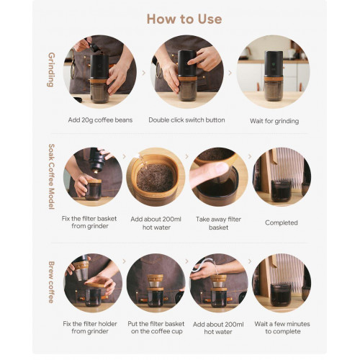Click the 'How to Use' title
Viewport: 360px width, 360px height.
184,19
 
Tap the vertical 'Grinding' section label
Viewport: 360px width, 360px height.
51,70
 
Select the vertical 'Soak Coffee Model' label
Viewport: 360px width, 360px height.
52,176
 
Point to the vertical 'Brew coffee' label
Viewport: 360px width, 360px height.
51,282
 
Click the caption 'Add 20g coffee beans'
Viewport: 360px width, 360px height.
100,120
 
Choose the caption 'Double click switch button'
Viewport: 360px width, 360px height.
186,120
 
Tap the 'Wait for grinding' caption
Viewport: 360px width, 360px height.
274,121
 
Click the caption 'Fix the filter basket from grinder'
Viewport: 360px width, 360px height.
89,222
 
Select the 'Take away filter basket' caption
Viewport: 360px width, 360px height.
218,223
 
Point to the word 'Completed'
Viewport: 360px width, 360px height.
282,222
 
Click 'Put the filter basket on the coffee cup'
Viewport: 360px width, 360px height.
156,328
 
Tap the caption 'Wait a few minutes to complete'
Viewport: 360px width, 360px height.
282,328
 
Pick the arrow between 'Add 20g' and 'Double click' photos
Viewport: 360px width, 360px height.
144,73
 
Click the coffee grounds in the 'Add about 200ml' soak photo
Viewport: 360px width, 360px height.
155,177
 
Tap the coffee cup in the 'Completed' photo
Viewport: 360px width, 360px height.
281,190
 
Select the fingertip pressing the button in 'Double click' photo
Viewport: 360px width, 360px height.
190,63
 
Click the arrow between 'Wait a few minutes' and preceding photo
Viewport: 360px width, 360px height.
250,261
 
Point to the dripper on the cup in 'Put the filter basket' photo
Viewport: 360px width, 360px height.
155,281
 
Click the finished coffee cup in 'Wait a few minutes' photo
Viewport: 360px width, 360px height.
281,294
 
